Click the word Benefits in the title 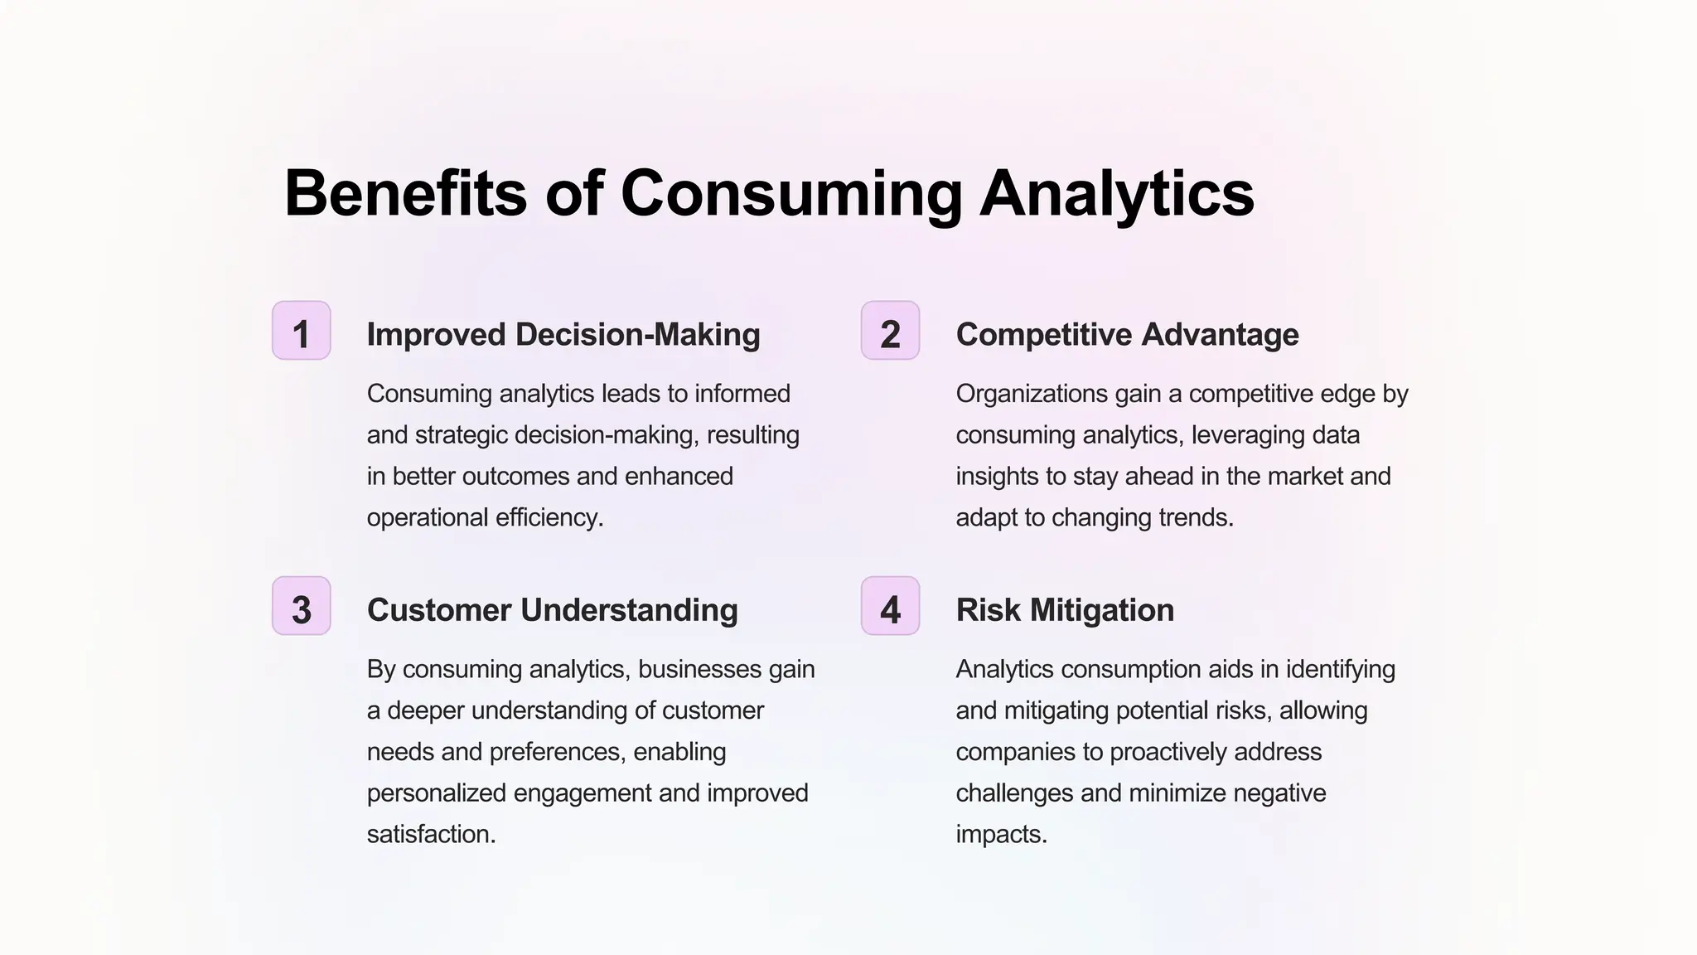[x=405, y=193]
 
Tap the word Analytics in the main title [x=1117, y=193]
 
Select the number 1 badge [x=302, y=331]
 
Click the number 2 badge [x=890, y=331]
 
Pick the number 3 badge [x=302, y=606]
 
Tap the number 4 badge [x=890, y=606]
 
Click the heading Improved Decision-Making [x=563, y=334]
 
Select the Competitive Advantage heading [x=1127, y=334]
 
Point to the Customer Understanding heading [x=552, y=610]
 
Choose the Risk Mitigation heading [x=1065, y=610]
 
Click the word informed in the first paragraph [x=742, y=393]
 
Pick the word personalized [x=437, y=793]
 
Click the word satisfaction [x=431, y=834]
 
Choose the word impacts [x=1001, y=834]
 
